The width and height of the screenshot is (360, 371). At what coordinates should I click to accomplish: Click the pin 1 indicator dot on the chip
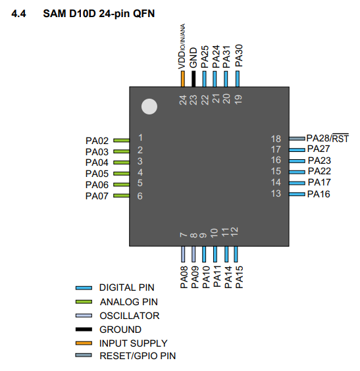149,107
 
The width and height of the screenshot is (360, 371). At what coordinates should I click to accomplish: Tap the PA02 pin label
97,141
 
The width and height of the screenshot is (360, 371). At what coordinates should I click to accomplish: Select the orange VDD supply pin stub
182,79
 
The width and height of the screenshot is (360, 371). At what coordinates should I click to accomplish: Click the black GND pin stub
193,79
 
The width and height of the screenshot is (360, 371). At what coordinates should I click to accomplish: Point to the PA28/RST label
328,138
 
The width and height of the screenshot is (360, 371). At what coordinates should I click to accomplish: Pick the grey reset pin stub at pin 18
297,139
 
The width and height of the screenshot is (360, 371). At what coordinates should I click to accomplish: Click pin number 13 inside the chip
276,193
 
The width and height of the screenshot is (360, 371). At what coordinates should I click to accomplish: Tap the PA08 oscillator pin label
184,277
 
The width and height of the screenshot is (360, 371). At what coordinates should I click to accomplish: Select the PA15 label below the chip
240,277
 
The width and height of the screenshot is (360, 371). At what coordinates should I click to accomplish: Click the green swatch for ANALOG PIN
84,302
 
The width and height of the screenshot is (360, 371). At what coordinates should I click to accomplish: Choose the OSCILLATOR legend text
130,316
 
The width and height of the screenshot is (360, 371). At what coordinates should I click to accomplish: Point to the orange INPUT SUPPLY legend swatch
84,343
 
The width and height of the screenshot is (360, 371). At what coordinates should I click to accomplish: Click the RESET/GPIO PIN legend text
138,356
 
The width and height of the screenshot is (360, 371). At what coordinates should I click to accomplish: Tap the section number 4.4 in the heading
18,14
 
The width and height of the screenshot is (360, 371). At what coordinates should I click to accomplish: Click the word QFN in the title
144,14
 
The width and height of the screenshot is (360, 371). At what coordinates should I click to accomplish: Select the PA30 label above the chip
239,56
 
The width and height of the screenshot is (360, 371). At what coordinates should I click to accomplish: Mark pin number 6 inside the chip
140,196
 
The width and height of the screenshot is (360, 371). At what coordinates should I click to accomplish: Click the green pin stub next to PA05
121,174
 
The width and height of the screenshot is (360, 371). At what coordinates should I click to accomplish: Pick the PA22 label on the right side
319,171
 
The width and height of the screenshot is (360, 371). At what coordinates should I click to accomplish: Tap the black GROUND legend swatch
84,330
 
